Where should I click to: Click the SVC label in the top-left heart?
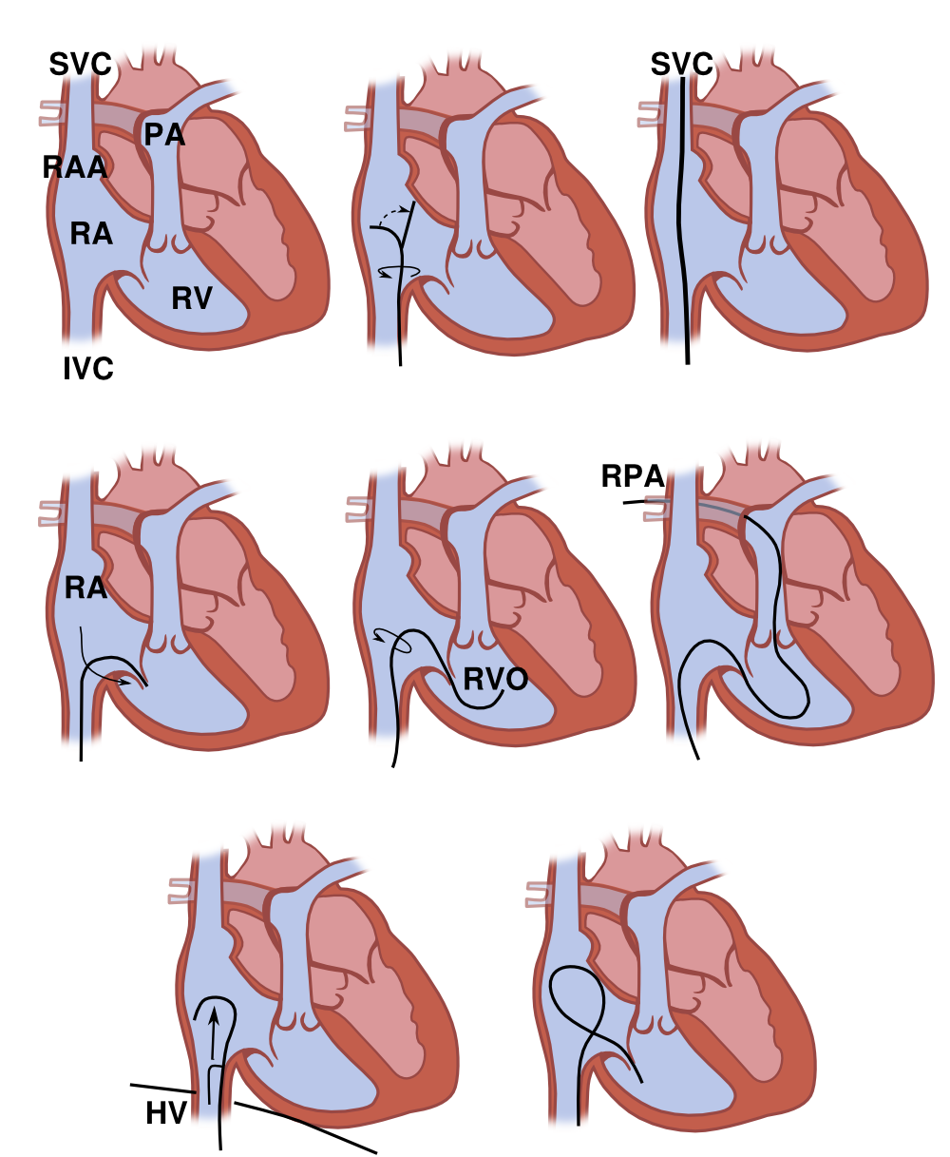pyautogui.click(x=80, y=65)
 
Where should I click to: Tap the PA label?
pyautogui.click(x=164, y=134)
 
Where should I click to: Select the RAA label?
pyautogui.click(x=74, y=167)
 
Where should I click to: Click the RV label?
pyautogui.click(x=192, y=299)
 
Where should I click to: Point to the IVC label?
pyautogui.click(x=88, y=369)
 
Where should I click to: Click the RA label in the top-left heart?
pyautogui.click(x=91, y=234)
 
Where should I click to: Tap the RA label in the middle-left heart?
pyautogui.click(x=85, y=588)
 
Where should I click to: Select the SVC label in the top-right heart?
pyautogui.click(x=682, y=65)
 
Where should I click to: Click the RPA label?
pyautogui.click(x=633, y=475)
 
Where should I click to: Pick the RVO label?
pyautogui.click(x=496, y=679)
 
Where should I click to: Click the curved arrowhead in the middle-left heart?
pyautogui.click(x=126, y=683)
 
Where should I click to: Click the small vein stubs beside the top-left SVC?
pyautogui.click(x=49, y=113)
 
